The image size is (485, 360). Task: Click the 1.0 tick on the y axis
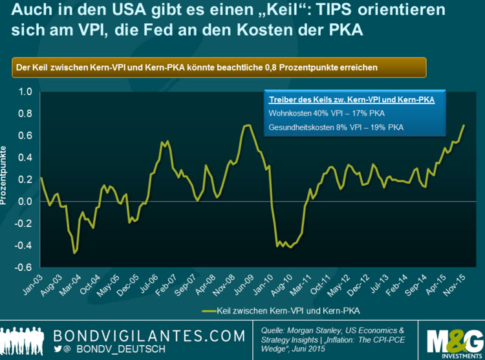point(25,92)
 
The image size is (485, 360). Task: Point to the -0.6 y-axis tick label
point(23,267)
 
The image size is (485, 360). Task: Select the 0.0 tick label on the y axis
point(25,201)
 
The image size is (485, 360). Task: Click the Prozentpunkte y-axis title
point(5,171)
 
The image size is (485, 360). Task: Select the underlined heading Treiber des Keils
point(351,100)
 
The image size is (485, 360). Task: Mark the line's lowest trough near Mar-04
point(74,253)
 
